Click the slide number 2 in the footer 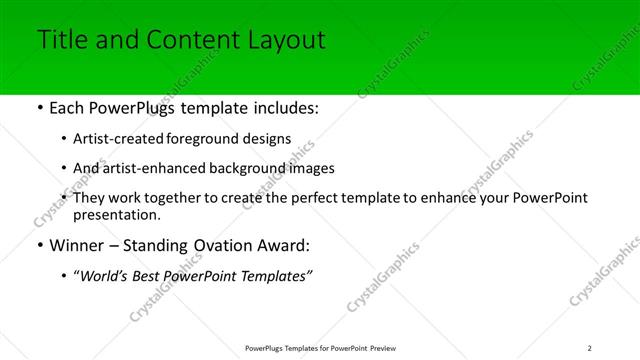pos(590,348)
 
